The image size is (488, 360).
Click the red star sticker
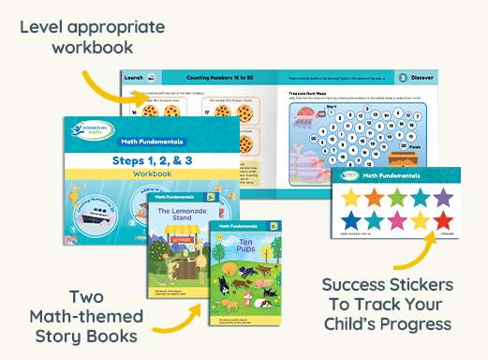pos(443,220)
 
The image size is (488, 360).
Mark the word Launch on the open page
pos(134,78)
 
